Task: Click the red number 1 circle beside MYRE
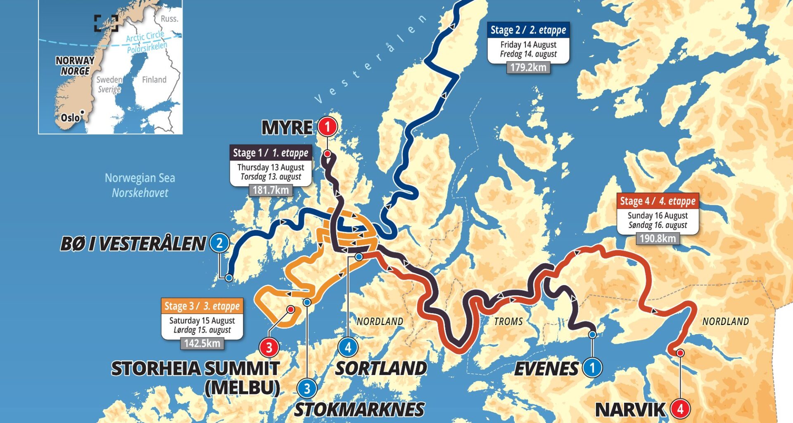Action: (328, 126)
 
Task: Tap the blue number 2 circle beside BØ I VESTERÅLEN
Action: (219, 243)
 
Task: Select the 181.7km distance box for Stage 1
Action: (271, 190)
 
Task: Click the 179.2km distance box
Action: (528, 67)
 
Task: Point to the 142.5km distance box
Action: (202, 343)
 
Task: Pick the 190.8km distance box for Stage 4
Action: (658, 238)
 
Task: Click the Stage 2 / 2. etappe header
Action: (528, 30)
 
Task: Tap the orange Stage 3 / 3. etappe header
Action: (202, 306)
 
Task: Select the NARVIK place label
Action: (630, 410)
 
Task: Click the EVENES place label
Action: (546, 368)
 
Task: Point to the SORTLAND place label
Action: (381, 368)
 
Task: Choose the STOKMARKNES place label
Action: (359, 409)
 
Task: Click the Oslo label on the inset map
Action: (70, 118)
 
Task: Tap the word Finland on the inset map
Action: (154, 80)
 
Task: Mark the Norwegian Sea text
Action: (140, 178)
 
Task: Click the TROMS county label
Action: (508, 321)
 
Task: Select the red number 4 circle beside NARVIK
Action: (680, 409)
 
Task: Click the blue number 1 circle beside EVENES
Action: (592, 368)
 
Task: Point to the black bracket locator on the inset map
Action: (106, 23)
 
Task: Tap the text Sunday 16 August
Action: (658, 216)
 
